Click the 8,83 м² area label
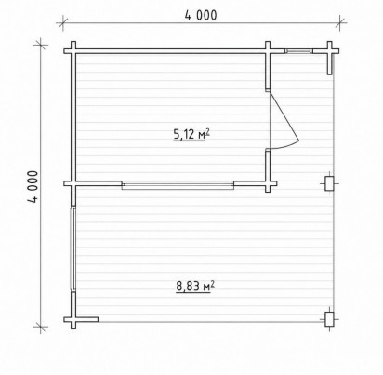(x=195, y=286)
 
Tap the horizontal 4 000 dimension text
(x=201, y=15)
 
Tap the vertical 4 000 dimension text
(x=33, y=187)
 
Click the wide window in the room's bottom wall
(x=178, y=185)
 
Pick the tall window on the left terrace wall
(x=73, y=248)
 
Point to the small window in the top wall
(x=298, y=51)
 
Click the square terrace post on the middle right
(x=329, y=183)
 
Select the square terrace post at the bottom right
(x=329, y=319)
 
